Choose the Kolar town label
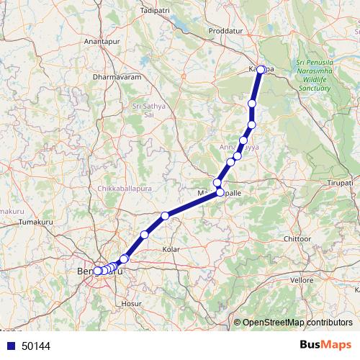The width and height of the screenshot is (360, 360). coord(172,248)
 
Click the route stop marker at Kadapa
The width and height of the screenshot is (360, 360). coord(262,71)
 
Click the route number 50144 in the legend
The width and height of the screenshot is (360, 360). coord(36,346)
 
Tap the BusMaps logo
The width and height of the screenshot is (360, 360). coord(327,345)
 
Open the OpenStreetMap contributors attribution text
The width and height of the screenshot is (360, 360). coord(297,323)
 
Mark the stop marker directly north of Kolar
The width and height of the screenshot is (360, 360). coord(165,216)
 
